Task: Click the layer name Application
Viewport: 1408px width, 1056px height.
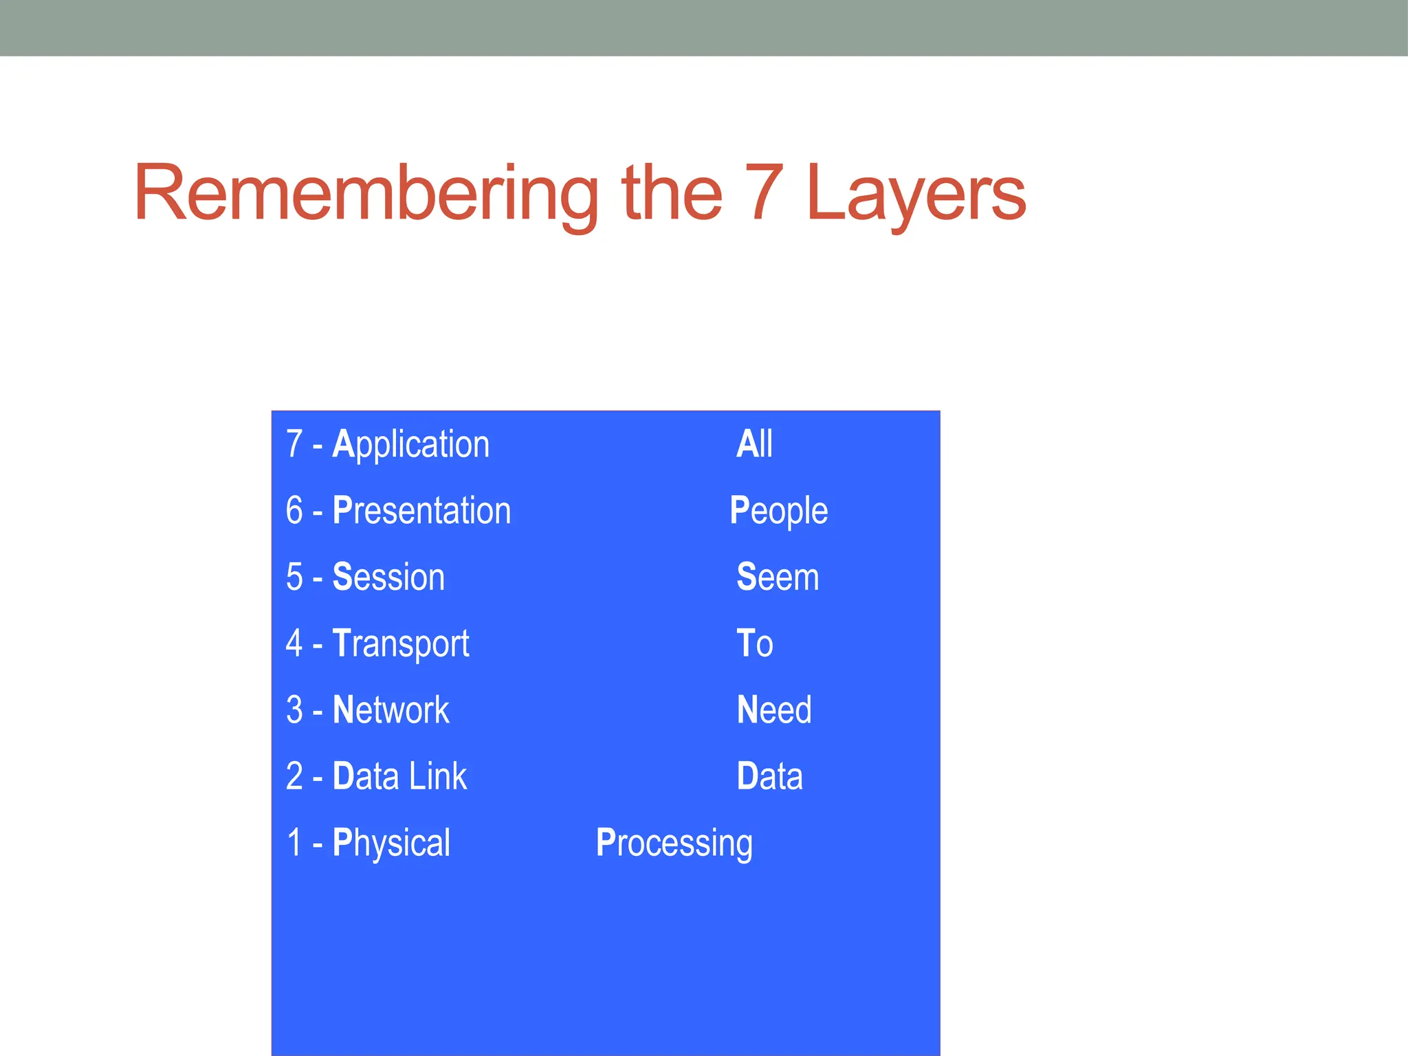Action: (410, 445)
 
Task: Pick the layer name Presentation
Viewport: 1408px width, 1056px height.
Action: (421, 511)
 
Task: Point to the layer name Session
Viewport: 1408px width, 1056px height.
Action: (388, 577)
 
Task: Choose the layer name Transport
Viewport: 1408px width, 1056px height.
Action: (401, 644)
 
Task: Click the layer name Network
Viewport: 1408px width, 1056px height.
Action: (390, 710)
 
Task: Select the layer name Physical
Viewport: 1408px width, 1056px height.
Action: (391, 843)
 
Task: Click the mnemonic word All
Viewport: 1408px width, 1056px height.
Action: (754, 444)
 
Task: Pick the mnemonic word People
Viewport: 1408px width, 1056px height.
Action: (778, 511)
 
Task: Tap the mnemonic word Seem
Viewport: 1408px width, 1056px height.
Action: (778, 577)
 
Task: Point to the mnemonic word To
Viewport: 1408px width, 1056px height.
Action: (754, 643)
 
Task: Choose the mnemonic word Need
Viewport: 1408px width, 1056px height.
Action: (773, 710)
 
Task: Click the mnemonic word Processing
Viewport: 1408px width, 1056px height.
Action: (674, 844)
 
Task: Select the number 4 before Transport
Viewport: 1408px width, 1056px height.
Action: (294, 643)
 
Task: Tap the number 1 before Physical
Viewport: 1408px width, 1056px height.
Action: (294, 843)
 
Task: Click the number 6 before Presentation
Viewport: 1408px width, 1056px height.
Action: (294, 511)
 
